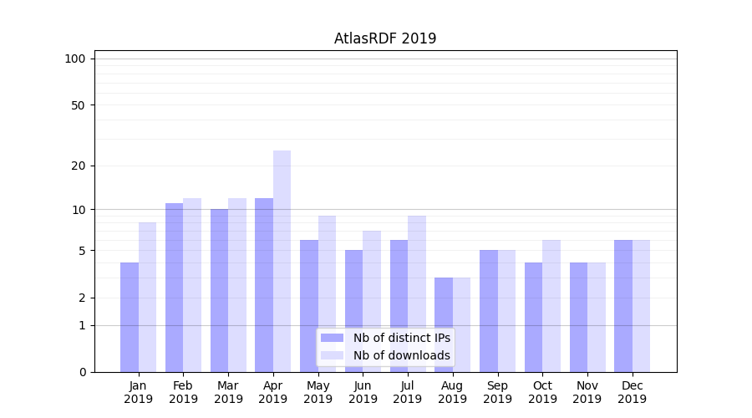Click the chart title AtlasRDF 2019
point(385,38)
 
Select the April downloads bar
point(282,261)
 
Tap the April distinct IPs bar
point(264,285)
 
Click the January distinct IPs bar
point(130,317)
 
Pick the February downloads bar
point(192,285)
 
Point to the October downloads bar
point(551,306)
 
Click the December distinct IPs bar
point(623,306)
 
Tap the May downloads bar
point(327,293)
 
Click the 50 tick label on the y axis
point(78,105)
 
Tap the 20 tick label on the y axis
point(78,166)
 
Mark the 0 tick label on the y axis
point(82,372)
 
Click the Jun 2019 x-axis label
point(363,393)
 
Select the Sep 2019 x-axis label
point(497,393)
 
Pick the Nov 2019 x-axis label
point(587,393)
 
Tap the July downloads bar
point(417,293)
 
